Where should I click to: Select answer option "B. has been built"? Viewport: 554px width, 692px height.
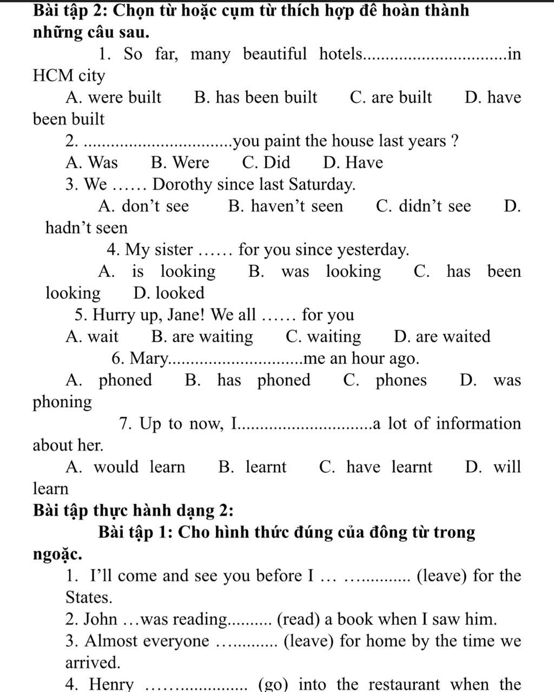click(255, 97)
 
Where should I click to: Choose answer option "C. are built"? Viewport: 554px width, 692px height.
click(391, 97)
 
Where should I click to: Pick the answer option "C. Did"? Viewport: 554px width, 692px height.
click(266, 162)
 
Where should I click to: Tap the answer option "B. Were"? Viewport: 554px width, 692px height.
click(180, 162)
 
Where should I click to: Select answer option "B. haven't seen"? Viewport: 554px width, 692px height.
click(286, 206)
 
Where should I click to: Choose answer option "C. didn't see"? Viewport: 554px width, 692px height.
click(423, 206)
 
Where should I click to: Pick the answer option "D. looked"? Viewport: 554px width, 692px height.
click(169, 293)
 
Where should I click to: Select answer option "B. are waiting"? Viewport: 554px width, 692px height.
click(202, 337)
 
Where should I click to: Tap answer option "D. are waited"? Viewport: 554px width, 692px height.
click(442, 337)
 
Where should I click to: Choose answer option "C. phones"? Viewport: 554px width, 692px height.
click(385, 380)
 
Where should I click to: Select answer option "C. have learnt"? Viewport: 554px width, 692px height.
click(375, 467)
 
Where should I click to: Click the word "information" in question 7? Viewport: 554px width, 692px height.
click(479, 423)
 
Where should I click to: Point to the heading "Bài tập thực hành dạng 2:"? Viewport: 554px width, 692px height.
click(133, 511)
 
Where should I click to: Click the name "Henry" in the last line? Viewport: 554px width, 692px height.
click(111, 684)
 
